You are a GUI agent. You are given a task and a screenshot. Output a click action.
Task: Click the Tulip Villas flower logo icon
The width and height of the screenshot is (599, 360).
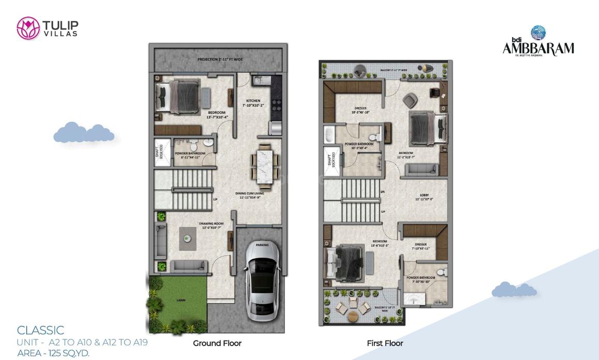point(28,28)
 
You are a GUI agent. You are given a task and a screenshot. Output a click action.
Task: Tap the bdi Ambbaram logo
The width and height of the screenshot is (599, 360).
point(538,41)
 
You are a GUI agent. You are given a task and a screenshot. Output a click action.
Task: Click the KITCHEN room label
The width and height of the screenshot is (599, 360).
point(253,101)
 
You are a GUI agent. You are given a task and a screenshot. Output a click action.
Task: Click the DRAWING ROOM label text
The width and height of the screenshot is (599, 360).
point(210,223)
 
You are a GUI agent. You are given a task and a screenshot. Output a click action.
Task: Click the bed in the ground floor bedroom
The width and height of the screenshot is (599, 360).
point(178,96)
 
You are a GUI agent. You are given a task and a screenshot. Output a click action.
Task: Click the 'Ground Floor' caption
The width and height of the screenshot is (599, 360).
point(217,343)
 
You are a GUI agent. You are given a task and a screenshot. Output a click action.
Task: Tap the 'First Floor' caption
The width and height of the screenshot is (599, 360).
point(385,343)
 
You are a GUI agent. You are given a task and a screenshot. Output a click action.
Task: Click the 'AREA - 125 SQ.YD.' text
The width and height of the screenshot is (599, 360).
point(53,353)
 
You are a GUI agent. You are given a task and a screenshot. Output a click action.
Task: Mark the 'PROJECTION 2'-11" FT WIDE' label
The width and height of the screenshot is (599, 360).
point(219,59)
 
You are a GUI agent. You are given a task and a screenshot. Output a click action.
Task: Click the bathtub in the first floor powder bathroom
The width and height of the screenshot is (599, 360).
point(329,135)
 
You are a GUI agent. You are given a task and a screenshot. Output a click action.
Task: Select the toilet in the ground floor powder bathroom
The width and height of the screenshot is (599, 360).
point(193,143)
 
